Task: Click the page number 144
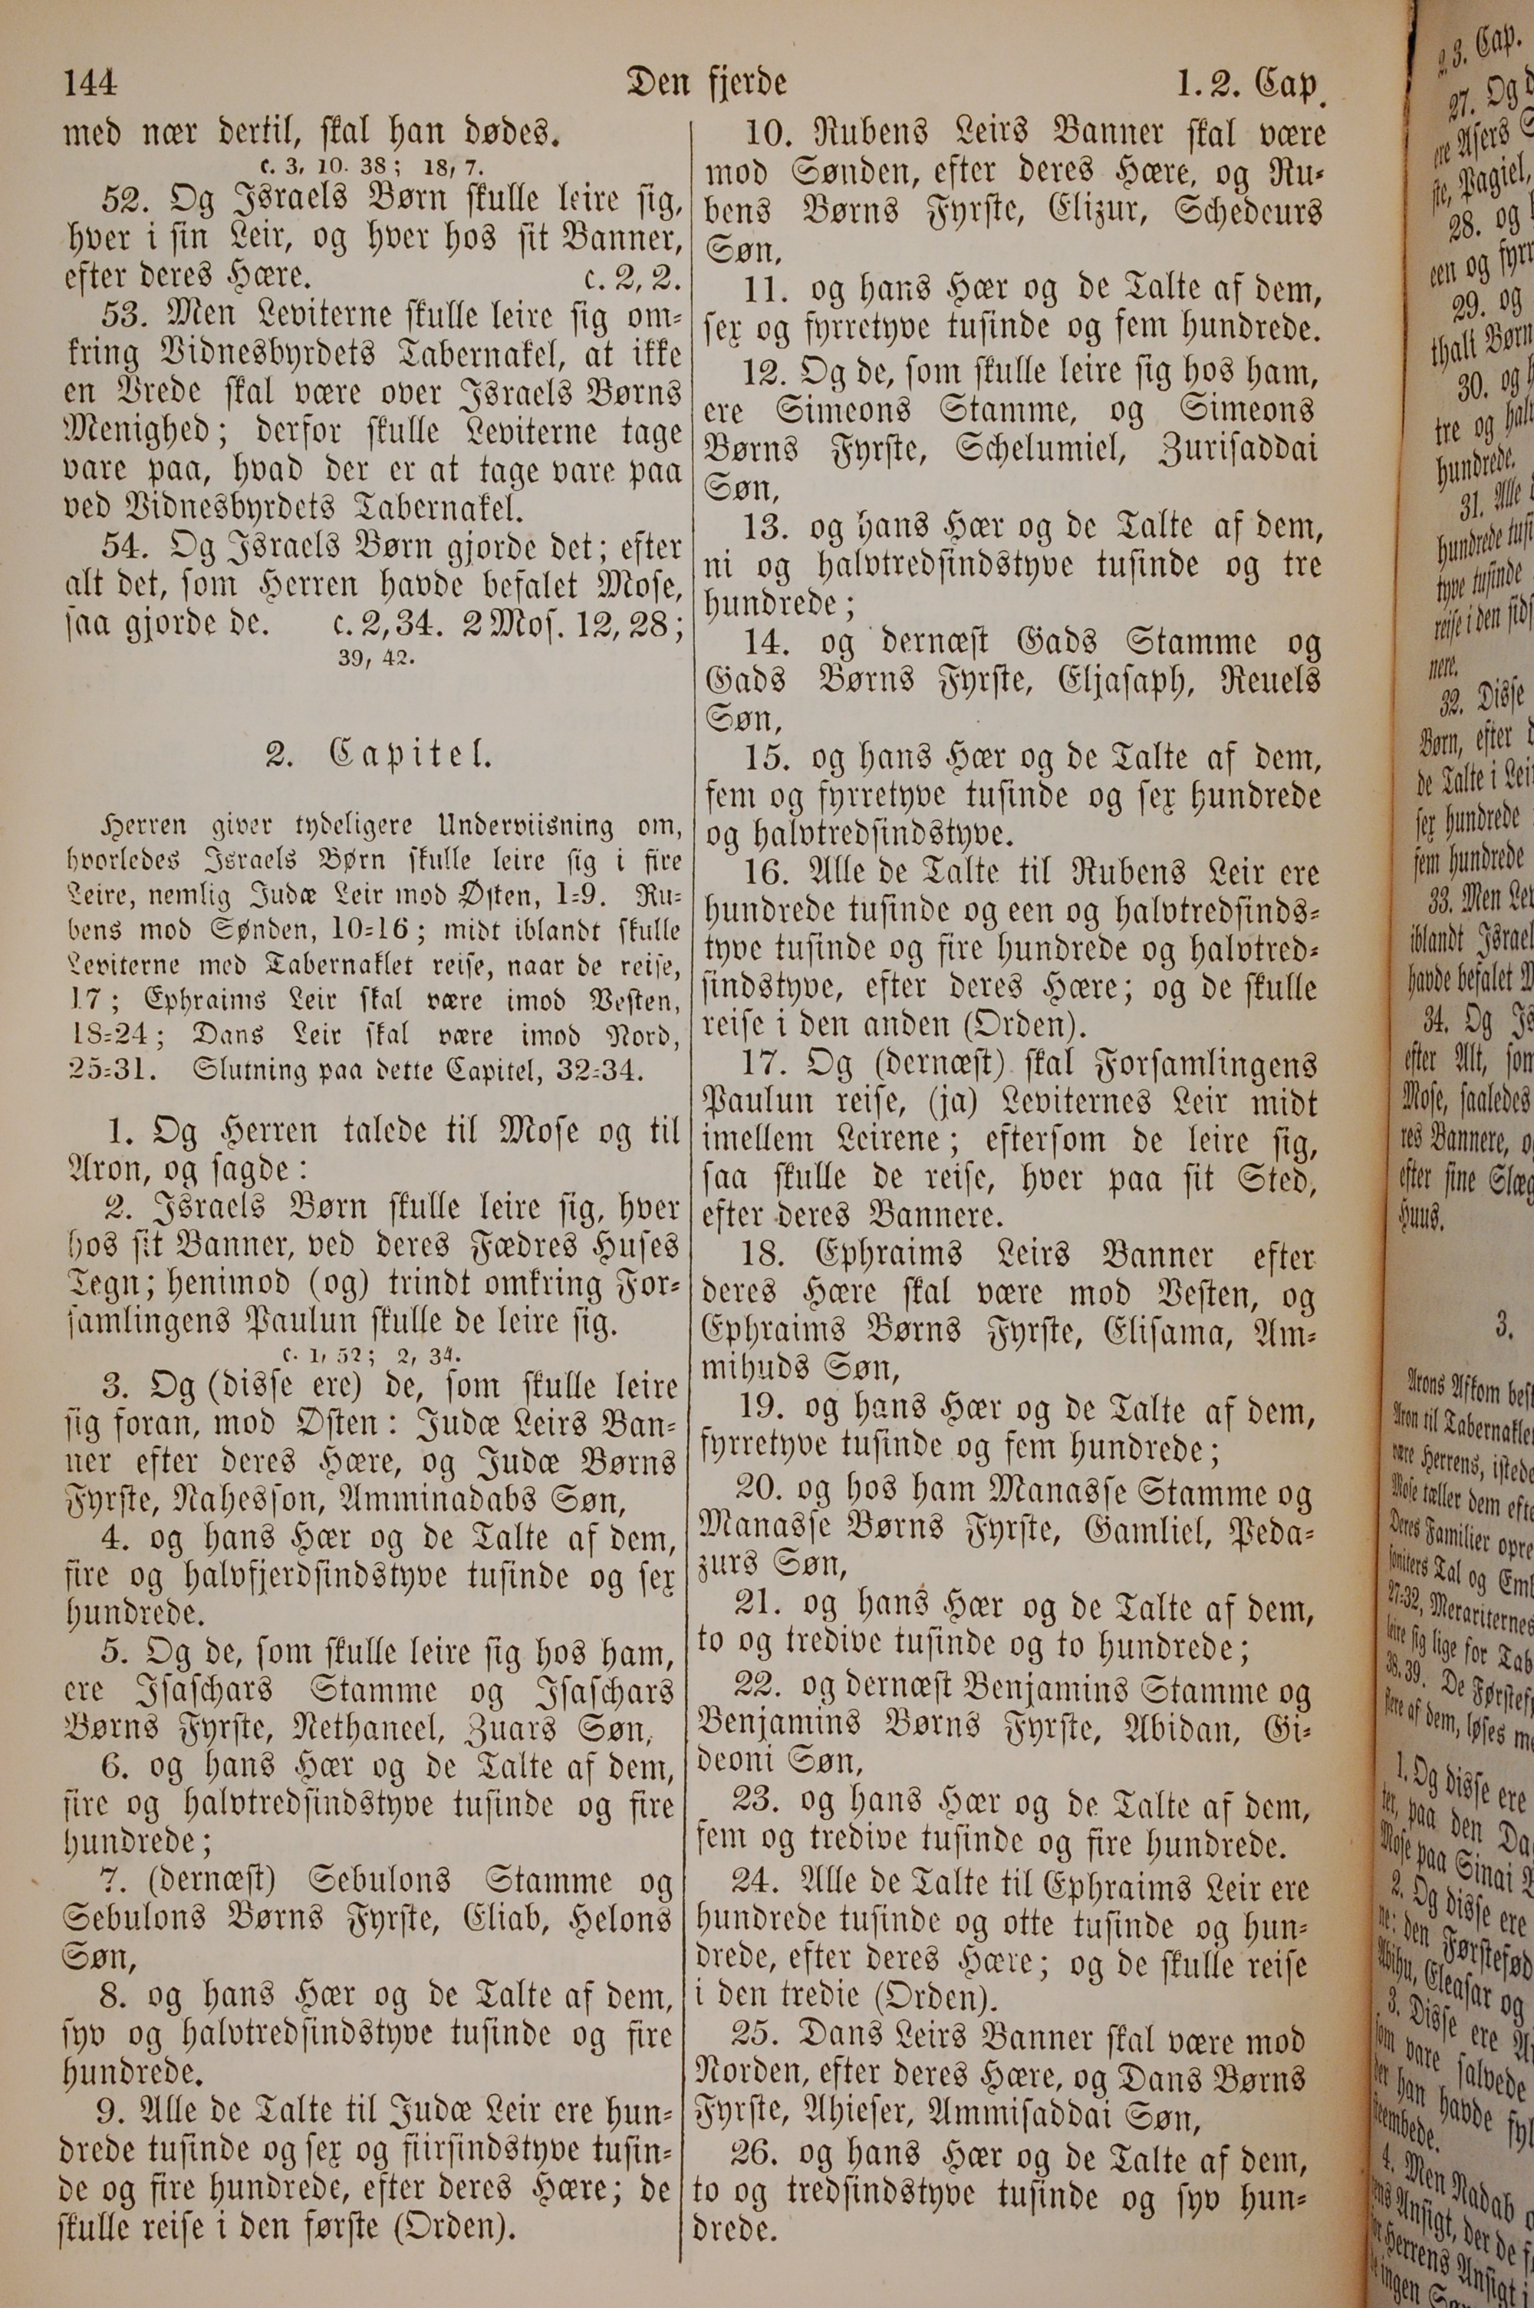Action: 90,85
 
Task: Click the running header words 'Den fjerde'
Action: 706,84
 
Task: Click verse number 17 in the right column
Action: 766,1066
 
